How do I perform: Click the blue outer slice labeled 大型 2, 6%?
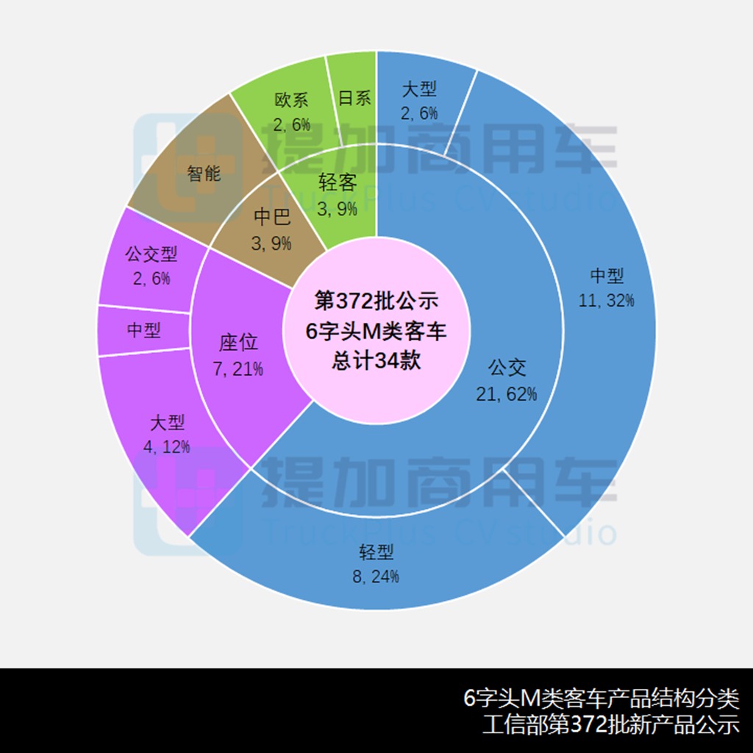pyautogui.click(x=419, y=101)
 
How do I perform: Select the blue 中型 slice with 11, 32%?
pyautogui.click(x=606, y=288)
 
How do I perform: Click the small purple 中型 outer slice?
pyautogui.click(x=144, y=330)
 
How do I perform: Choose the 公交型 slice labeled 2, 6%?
pyautogui.click(x=151, y=265)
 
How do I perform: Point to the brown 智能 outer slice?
pyautogui.click(x=204, y=173)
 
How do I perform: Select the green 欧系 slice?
pyautogui.click(x=291, y=112)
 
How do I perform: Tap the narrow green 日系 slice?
pyautogui.click(x=354, y=98)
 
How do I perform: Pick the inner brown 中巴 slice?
pyautogui.click(x=272, y=229)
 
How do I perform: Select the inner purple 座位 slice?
pyautogui.click(x=238, y=355)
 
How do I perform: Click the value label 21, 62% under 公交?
pyautogui.click(x=506, y=394)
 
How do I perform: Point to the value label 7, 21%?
pyautogui.click(x=238, y=369)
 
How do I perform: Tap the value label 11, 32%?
pyautogui.click(x=606, y=301)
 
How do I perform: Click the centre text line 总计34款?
pyautogui.click(x=376, y=360)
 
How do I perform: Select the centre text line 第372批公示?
pyautogui.click(x=376, y=301)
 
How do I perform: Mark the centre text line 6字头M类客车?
pyautogui.click(x=376, y=331)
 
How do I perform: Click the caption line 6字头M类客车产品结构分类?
pyautogui.click(x=602, y=699)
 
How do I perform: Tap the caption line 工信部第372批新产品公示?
pyautogui.click(x=611, y=724)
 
